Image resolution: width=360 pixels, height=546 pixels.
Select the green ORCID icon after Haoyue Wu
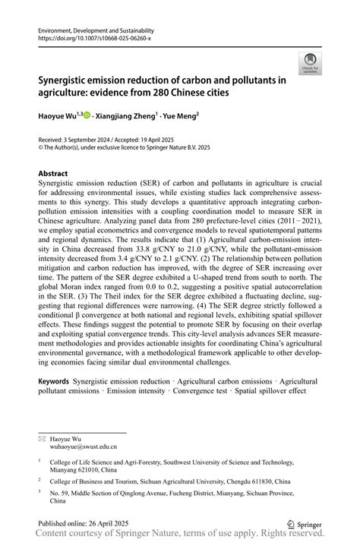coord(87,115)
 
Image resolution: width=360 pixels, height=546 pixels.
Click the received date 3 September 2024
coord(93,141)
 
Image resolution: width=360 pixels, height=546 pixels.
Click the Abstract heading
coord(54,174)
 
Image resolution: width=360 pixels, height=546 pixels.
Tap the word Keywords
coord(55,380)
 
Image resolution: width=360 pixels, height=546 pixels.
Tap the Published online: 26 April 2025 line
coord(84,524)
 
